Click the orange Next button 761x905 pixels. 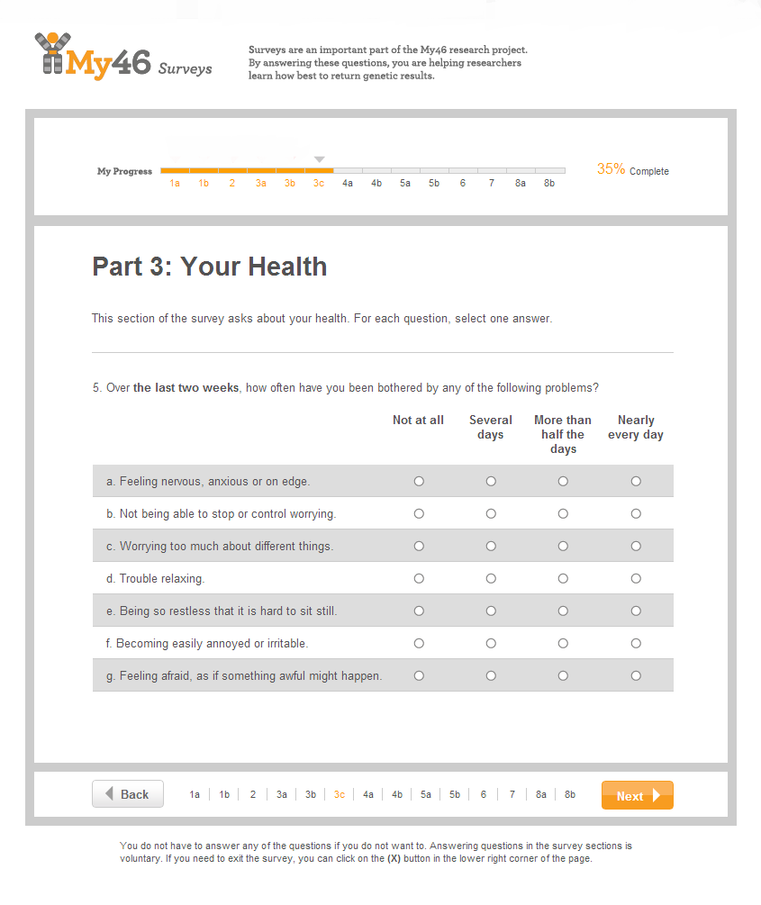(637, 795)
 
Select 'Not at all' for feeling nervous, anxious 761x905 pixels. (419, 482)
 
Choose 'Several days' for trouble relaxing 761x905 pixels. (491, 579)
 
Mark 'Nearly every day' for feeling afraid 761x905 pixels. (636, 676)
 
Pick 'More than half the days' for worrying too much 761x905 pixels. (563, 547)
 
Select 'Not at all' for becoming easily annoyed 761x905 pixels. (419, 644)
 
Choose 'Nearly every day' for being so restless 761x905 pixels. (636, 611)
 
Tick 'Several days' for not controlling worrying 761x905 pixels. (491, 514)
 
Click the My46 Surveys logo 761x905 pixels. (123, 56)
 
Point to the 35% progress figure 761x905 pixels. (611, 169)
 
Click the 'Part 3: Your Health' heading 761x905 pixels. (210, 267)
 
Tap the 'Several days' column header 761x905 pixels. (491, 427)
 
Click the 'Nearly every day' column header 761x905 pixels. (636, 427)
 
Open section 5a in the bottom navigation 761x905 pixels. (426, 795)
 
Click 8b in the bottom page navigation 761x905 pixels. (570, 795)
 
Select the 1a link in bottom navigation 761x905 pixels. (195, 795)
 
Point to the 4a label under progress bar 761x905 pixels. (348, 184)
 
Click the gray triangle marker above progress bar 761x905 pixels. (319, 159)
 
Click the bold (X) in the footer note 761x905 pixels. (394, 859)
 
